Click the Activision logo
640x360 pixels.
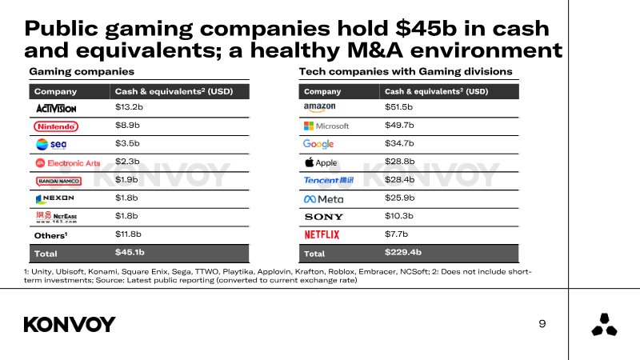click(56, 109)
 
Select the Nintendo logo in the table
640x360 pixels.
click(56, 126)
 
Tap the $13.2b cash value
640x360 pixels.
click(129, 107)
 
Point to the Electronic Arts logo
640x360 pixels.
click(68, 163)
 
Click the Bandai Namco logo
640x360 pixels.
click(58, 182)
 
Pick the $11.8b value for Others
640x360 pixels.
click(128, 234)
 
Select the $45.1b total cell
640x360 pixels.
click(130, 252)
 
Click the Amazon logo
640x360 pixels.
click(319, 108)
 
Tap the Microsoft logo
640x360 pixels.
click(326, 126)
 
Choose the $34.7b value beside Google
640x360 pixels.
click(399, 143)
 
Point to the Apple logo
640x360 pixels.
click(321, 162)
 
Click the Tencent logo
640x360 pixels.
click(329, 180)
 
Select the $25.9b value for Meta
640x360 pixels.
click(399, 198)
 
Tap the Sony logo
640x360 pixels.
click(324, 217)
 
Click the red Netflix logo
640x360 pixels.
click(322, 234)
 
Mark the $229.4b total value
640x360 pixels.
click(403, 252)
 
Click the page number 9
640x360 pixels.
click(542, 324)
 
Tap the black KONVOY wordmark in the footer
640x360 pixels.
click(70, 325)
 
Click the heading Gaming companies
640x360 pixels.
click(82, 72)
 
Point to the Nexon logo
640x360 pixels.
click(55, 198)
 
